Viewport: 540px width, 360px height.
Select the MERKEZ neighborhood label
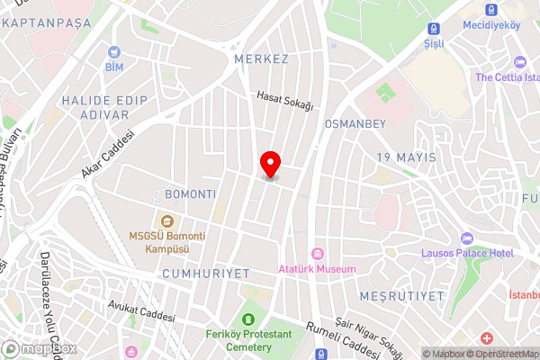pyautogui.click(x=260, y=59)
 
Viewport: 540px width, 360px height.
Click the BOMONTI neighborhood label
pyautogui.click(x=191, y=194)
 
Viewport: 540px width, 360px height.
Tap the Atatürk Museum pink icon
pyautogui.click(x=317, y=253)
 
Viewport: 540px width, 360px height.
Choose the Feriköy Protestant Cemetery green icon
pyautogui.click(x=247, y=319)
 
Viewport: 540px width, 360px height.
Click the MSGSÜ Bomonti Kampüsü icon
pyautogui.click(x=165, y=221)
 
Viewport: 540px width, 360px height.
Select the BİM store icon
pyautogui.click(x=114, y=52)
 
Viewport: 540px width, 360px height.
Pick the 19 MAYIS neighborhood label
pyautogui.click(x=405, y=157)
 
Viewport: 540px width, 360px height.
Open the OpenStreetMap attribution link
pyautogui.click(x=500, y=353)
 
